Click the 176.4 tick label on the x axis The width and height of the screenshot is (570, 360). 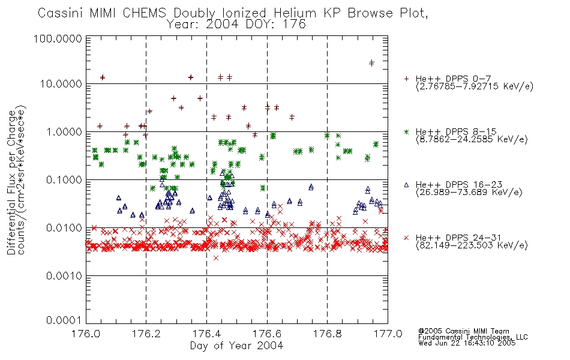click(x=206, y=334)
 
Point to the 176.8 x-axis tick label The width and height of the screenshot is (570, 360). click(x=327, y=334)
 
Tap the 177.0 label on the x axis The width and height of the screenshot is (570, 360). click(x=388, y=334)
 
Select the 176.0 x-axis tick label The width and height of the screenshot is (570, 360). click(x=86, y=334)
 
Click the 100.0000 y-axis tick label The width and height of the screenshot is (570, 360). click(x=58, y=38)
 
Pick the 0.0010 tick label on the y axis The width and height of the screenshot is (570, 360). click(x=64, y=276)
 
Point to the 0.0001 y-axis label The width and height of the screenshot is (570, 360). click(x=64, y=320)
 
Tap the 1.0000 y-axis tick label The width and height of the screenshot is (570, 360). click(x=64, y=132)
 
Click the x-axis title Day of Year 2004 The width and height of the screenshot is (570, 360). click(x=236, y=346)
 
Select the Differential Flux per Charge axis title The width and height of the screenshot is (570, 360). click(x=11, y=182)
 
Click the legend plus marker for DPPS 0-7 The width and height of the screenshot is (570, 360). click(x=406, y=79)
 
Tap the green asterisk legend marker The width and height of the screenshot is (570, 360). click(x=406, y=131)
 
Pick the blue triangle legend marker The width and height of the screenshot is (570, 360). click(x=406, y=185)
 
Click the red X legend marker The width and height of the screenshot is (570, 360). click(x=406, y=238)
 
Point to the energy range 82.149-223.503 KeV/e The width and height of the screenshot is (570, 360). click(x=472, y=245)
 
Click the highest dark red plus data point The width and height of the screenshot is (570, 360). click(x=371, y=63)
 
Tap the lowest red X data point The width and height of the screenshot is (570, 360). click(x=216, y=258)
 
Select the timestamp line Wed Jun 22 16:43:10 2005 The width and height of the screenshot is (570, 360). click(x=467, y=343)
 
